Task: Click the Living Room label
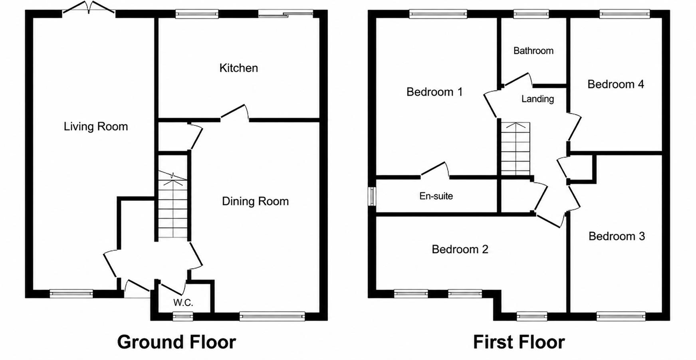96,127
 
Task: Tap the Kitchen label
239,68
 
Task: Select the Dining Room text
255,201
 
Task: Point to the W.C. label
183,303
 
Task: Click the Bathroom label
533,51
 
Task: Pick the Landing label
537,99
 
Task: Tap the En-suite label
436,196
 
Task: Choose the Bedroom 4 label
616,84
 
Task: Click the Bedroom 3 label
617,236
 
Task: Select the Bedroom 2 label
460,249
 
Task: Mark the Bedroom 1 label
434,92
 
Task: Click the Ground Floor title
176,342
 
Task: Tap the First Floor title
519,342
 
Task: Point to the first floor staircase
516,148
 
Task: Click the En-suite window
372,196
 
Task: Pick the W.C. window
183,317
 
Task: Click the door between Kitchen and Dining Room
235,113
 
